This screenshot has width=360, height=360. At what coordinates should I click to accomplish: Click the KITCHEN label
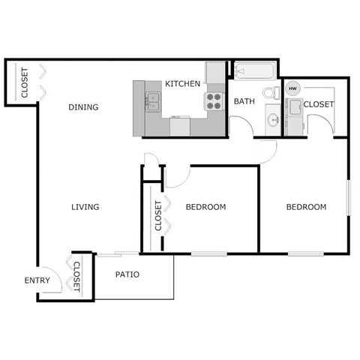[x=182, y=83]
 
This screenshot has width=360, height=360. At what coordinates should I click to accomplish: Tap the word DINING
[x=83, y=107]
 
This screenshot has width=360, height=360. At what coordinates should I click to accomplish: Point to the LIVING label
[x=85, y=207]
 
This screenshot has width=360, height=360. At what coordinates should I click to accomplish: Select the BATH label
[x=244, y=101]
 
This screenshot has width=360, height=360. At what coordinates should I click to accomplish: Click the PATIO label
[x=127, y=274]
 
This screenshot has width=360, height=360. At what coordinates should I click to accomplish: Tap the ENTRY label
[x=37, y=280]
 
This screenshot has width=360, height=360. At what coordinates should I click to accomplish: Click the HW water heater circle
[x=293, y=88]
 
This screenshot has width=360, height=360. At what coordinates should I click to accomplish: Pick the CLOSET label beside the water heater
[x=319, y=104]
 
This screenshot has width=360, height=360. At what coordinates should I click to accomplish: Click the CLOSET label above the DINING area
[x=24, y=83]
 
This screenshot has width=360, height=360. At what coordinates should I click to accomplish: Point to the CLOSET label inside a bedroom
[x=157, y=215]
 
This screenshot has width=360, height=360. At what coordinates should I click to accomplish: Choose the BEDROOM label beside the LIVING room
[x=205, y=207]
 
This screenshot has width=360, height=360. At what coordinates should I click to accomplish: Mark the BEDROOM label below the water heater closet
[x=305, y=207]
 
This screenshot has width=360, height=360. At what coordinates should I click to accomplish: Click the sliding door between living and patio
[x=116, y=253]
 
